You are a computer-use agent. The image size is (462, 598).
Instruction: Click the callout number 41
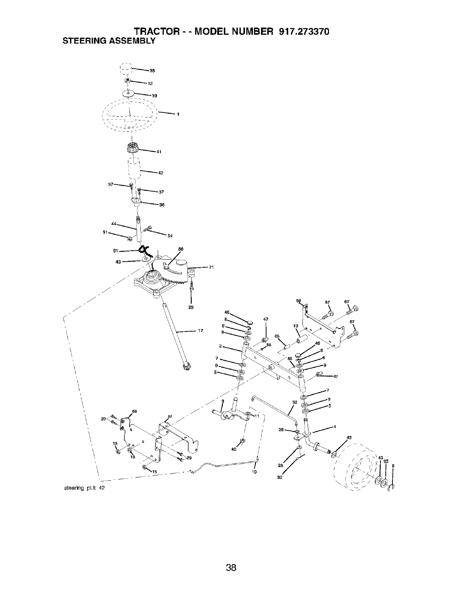point(159,153)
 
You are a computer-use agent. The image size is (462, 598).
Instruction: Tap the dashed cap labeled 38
point(126,69)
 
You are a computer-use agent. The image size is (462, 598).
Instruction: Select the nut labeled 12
point(128,81)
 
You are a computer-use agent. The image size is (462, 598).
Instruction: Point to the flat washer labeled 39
point(128,93)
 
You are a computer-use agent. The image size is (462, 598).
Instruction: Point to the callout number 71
point(211,268)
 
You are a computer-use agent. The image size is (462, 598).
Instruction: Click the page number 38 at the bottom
point(231,557)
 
